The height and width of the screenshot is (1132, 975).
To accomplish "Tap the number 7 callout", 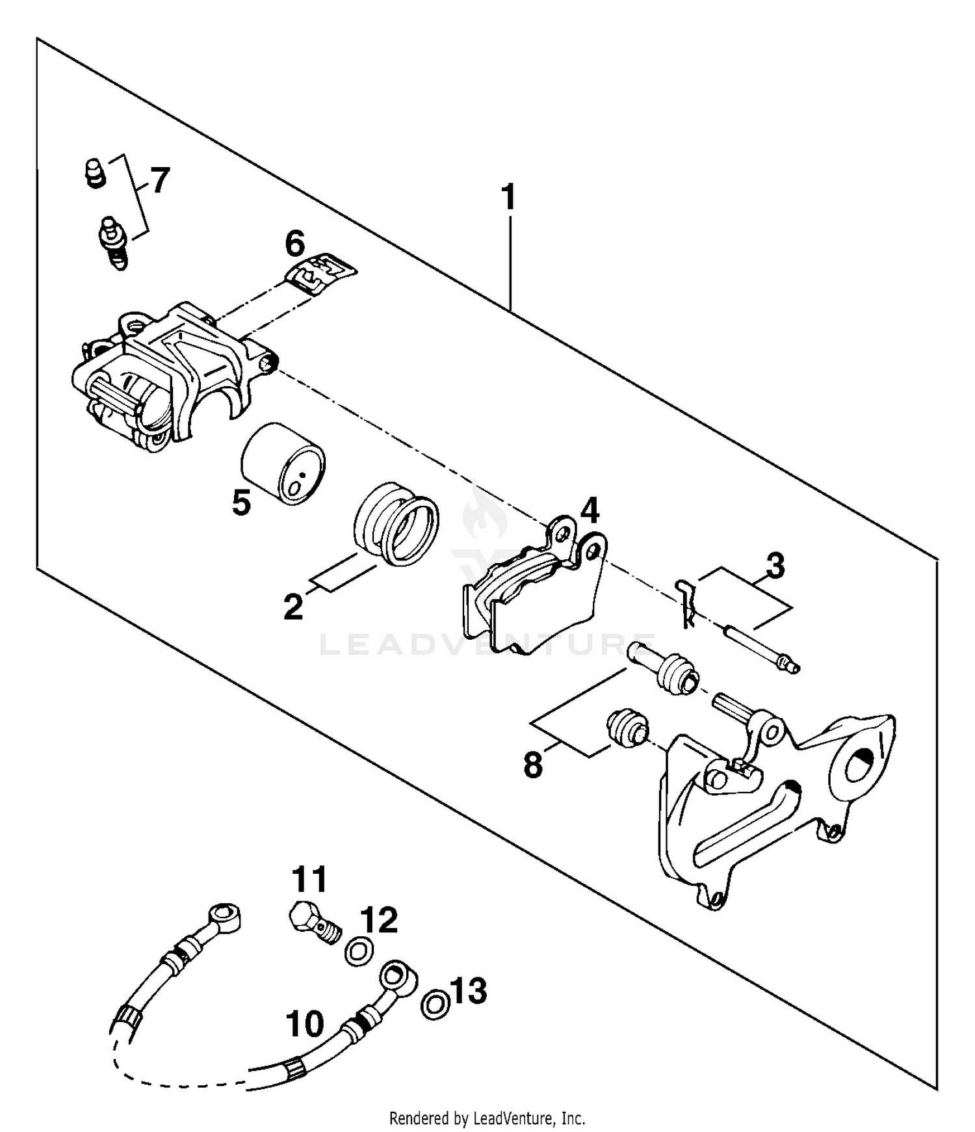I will [159, 180].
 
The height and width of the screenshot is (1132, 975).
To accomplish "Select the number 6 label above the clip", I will [294, 245].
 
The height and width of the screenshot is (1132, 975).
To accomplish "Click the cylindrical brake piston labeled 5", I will [283, 463].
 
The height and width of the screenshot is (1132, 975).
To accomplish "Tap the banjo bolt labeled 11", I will [314, 921].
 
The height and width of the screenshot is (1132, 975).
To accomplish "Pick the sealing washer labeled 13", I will [435, 1004].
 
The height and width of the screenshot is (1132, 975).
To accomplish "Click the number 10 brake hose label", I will [305, 1023].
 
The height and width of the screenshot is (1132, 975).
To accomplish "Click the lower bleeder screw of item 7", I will [114, 243].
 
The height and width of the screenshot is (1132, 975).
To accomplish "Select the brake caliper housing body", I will [169, 377].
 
